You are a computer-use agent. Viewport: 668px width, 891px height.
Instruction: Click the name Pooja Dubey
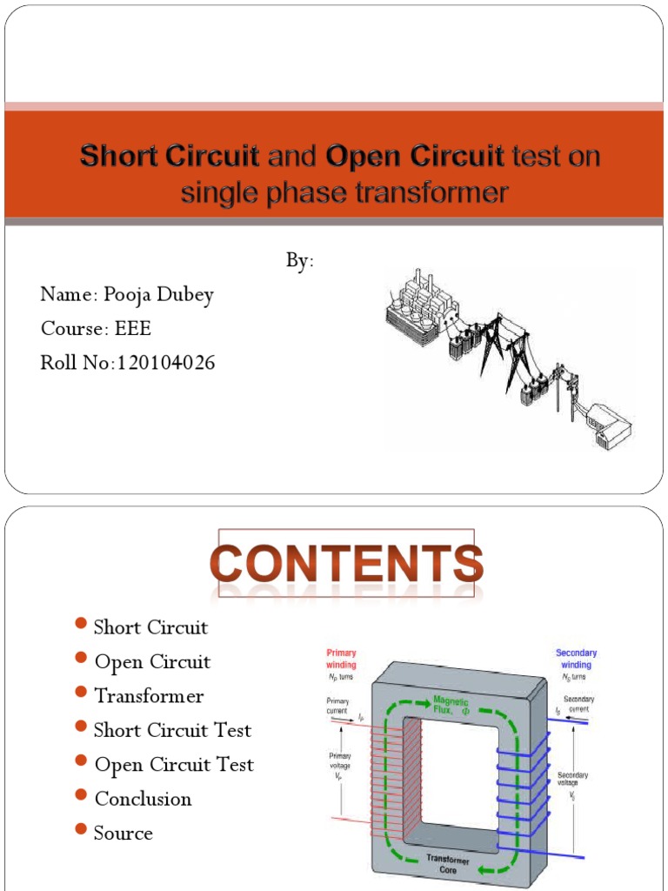coord(158,294)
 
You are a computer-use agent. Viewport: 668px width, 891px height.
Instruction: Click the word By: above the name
coord(300,261)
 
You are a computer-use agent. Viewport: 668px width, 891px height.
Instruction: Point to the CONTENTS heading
coord(346,563)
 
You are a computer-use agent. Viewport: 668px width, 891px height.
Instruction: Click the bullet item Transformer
coord(149,696)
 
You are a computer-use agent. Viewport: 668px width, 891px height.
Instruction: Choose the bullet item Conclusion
coord(143,799)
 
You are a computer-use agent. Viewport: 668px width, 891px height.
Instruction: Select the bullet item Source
coord(123,833)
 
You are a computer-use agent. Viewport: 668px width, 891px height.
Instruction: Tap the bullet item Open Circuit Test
coord(174,765)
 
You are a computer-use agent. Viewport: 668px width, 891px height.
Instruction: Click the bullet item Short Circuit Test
coord(172,730)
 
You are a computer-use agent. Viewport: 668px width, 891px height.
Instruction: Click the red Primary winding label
coord(341,659)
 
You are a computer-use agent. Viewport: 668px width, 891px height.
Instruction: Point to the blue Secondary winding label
coord(576,659)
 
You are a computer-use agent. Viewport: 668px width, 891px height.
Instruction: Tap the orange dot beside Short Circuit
coord(81,624)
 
